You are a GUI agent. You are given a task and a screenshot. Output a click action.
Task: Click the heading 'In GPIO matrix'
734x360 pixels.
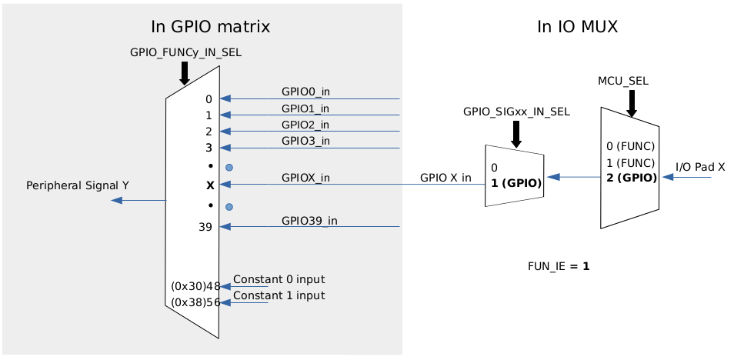210,27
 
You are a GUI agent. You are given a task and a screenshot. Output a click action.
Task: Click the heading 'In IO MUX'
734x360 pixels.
577,27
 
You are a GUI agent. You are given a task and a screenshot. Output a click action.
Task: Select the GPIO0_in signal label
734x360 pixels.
305,92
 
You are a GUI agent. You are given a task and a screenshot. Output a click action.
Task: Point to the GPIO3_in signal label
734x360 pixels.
305,141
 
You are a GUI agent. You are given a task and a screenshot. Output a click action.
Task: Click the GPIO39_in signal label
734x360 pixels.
309,221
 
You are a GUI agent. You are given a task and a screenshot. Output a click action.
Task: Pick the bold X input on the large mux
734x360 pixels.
210,185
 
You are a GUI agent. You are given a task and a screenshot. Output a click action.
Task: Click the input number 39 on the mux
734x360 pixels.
205,227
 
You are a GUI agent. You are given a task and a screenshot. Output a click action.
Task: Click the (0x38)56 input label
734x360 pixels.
195,302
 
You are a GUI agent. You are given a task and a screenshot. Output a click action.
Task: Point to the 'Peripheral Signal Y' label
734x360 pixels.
78,185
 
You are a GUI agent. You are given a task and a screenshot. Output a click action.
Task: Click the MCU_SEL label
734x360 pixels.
622,81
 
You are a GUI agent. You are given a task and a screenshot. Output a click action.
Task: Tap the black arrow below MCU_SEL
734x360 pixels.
632,103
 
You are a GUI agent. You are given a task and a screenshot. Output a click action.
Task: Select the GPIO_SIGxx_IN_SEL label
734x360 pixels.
516,112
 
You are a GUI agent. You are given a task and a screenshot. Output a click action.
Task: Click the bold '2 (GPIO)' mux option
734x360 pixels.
631,177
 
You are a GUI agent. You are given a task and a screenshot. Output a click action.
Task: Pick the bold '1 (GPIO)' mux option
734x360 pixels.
515,183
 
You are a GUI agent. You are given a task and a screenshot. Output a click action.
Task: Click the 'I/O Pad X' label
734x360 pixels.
700,167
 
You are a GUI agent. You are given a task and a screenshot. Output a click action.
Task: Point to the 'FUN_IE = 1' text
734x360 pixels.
559,266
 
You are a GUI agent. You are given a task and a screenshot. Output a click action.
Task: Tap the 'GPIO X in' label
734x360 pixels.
445,178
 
